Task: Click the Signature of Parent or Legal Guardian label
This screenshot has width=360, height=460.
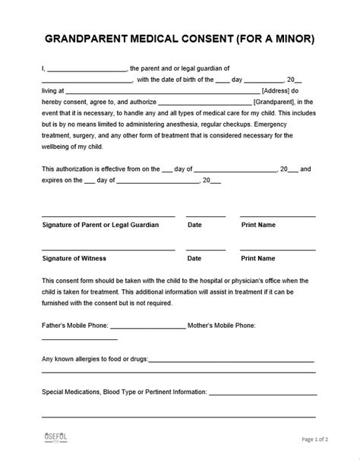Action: pos(100,225)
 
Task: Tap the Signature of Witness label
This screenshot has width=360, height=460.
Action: pos(74,258)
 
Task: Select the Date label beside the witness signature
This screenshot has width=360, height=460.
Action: pos(194,258)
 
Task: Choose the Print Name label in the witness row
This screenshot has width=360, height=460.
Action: pos(259,258)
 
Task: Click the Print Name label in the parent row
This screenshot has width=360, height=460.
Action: pos(259,225)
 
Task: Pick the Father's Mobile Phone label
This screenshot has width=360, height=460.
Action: pos(74,325)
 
